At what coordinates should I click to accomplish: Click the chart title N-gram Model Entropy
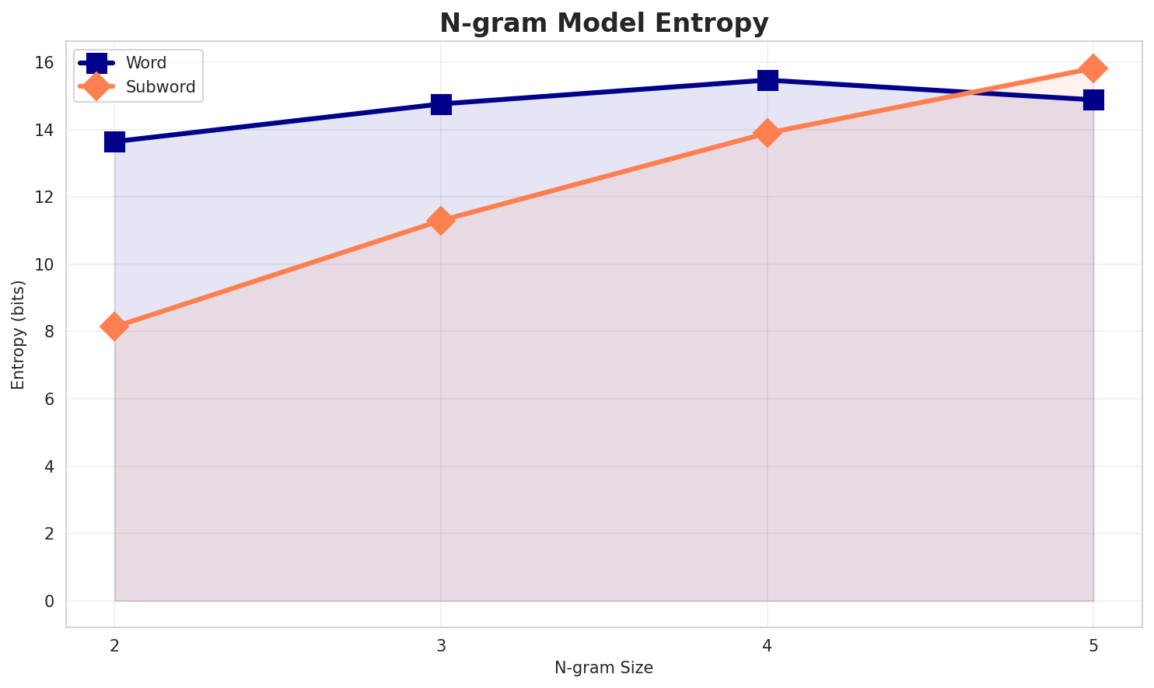click(x=603, y=23)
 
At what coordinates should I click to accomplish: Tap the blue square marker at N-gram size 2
click(x=114, y=141)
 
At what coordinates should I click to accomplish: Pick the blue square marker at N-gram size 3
click(x=441, y=104)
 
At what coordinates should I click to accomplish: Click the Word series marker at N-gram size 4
click(x=768, y=80)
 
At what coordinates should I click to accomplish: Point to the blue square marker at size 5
click(x=1093, y=100)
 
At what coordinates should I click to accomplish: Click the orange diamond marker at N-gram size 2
click(x=114, y=327)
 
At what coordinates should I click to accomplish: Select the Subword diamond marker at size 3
click(x=441, y=221)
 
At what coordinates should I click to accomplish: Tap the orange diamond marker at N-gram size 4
click(x=768, y=133)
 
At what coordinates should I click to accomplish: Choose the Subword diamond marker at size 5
click(x=1093, y=68)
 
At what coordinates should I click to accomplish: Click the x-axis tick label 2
click(x=114, y=645)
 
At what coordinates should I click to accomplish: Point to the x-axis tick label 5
click(x=1093, y=645)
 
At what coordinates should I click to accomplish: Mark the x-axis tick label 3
click(x=441, y=645)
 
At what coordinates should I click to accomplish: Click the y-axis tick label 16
click(x=45, y=62)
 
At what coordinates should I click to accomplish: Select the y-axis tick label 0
click(x=50, y=601)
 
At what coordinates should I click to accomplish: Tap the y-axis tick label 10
click(x=45, y=264)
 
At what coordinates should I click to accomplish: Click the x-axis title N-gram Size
click(x=603, y=668)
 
